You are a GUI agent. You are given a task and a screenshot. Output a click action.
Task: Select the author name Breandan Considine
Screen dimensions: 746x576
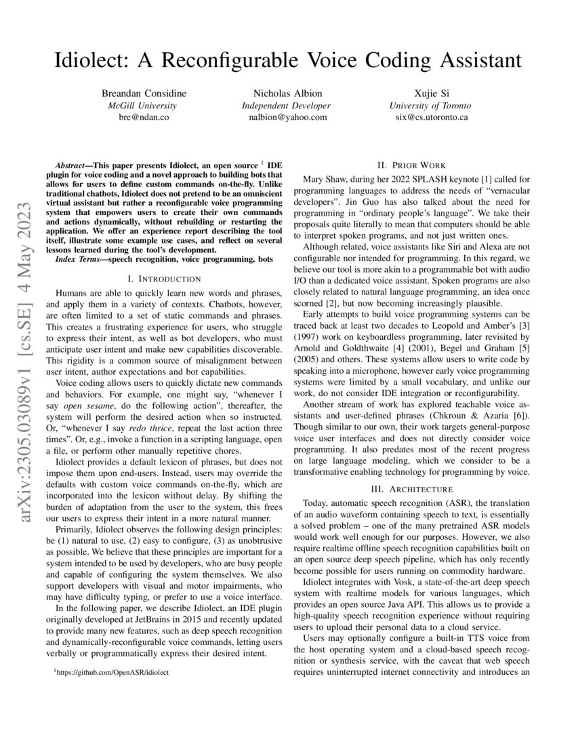pyautogui.click(x=144, y=93)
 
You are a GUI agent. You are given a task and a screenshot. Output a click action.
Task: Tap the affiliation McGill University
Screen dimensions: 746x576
pyautogui.click(x=142, y=105)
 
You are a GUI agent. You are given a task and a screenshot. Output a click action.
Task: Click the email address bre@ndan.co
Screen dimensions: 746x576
pyautogui.click(x=143, y=117)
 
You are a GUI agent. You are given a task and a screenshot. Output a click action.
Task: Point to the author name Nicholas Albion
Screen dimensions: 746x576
pyautogui.click(x=288, y=93)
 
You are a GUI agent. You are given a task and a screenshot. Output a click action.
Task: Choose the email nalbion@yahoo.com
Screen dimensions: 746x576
pyautogui.click(x=288, y=117)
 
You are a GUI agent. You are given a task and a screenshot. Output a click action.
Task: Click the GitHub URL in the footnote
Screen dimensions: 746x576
pyautogui.click(x=114, y=672)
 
